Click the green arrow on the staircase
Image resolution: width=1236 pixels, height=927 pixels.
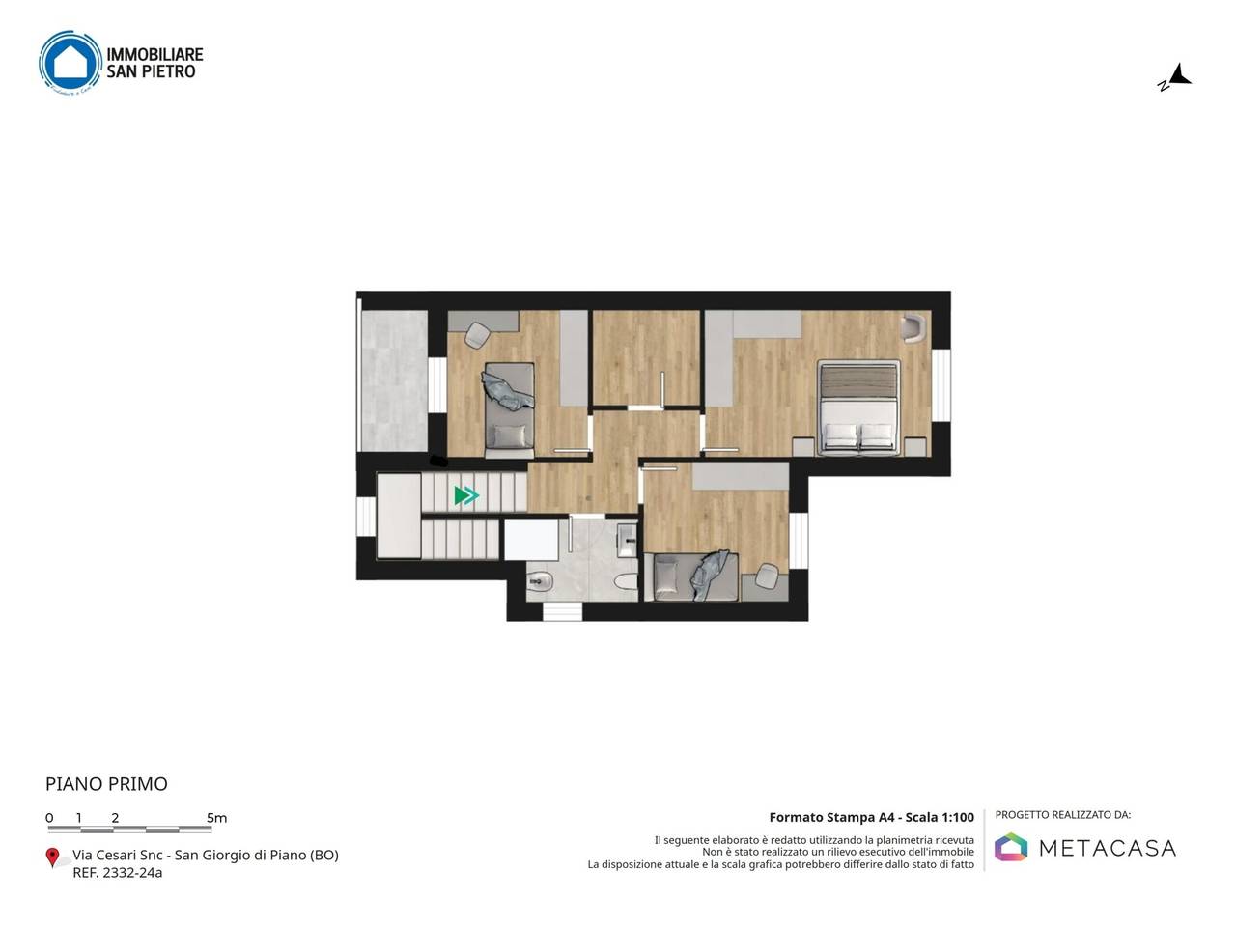[466, 495]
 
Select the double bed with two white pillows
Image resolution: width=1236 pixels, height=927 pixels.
[858, 407]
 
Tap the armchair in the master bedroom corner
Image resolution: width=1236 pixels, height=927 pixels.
[913, 327]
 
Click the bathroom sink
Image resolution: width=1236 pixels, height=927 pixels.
[627, 541]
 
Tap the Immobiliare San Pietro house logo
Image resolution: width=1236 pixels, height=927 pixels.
[70, 62]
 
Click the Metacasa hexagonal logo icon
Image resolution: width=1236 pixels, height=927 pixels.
[1011, 847]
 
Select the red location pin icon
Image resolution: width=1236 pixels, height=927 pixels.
[52, 857]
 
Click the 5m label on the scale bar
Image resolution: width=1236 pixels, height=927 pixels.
[217, 818]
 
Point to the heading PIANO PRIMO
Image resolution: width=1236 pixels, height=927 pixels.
[106, 784]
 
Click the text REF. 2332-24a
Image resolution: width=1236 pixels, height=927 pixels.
[118, 872]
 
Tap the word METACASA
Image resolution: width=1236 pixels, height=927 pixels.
[1107, 848]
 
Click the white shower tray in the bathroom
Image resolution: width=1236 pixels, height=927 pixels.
[531, 540]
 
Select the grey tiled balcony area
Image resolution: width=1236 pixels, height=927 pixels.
[394, 380]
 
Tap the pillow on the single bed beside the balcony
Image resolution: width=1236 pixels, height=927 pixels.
[510, 435]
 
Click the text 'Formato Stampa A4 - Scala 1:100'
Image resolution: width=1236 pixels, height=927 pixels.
[871, 817]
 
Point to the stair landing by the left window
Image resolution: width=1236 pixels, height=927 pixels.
[399, 516]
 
